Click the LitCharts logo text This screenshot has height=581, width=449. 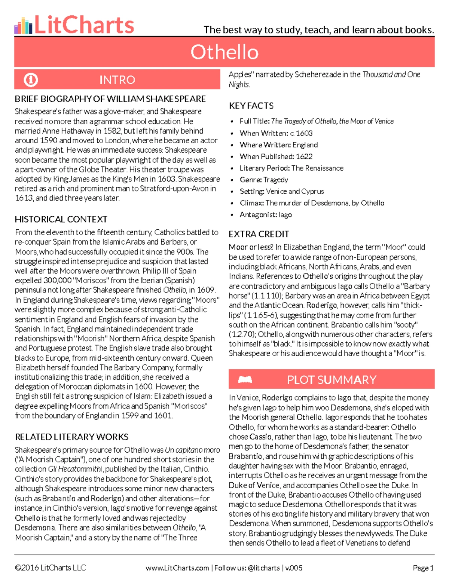pyautogui.click(x=84, y=25)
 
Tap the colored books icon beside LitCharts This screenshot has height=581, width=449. pyautogui.click(x=23, y=26)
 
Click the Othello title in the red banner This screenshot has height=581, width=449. pyautogui.click(x=224, y=52)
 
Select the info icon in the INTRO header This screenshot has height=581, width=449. pyautogui.click(x=31, y=80)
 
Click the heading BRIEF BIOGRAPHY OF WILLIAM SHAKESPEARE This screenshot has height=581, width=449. pyautogui.click(x=110, y=99)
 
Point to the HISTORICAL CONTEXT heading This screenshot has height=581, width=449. pyautogui.click(x=61, y=219)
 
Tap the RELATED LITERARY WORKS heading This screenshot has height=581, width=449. pyautogui.click(x=71, y=437)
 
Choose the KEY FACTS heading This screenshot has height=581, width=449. pyautogui.click(x=251, y=106)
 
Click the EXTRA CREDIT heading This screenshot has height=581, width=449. pyautogui.click(x=259, y=234)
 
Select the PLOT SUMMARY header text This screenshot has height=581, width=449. pyautogui.click(x=332, y=380)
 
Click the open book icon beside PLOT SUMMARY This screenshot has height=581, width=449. pyautogui.click(x=245, y=380)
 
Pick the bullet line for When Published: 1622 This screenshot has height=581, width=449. pyautogui.click(x=276, y=156)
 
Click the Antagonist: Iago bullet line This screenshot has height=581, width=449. pyautogui.click(x=266, y=215)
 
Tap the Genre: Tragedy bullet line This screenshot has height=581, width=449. pyautogui.click(x=264, y=180)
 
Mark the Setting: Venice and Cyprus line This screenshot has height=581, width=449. pyautogui.click(x=282, y=191)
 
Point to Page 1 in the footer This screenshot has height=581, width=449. pyautogui.click(x=423, y=568)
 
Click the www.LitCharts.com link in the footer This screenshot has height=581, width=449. pyautogui.click(x=177, y=568)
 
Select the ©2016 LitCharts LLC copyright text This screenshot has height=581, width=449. pyautogui.click(x=50, y=568)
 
